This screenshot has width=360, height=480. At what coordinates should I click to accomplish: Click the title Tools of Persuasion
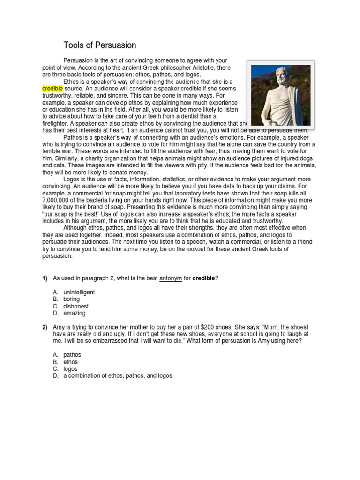[x=100, y=45]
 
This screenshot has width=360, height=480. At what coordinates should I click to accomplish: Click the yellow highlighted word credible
[x=52, y=89]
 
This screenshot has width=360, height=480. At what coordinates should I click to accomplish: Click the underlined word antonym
[x=172, y=278]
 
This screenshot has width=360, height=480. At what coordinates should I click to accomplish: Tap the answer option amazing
[x=75, y=313]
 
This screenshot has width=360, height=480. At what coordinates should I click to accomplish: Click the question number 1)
[x=45, y=278]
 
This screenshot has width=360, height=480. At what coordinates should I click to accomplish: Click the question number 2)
[x=45, y=327]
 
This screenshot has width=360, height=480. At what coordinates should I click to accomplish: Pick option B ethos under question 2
[x=70, y=362]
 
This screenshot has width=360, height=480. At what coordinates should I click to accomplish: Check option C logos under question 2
[x=70, y=369]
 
